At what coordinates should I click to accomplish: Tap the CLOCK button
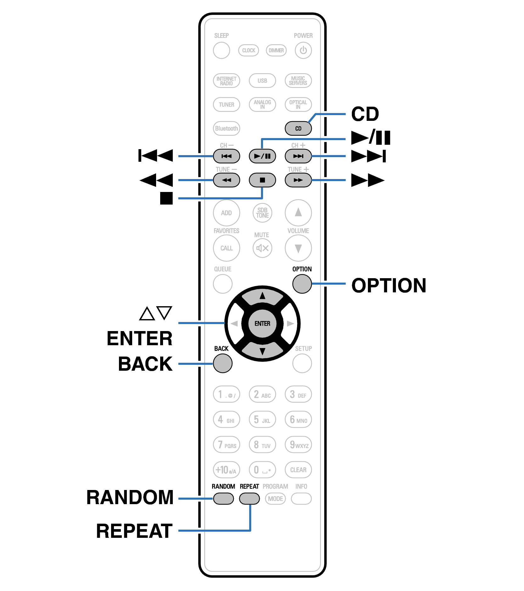(249, 50)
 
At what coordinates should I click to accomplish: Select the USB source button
(262, 81)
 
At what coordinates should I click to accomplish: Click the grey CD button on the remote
(298, 128)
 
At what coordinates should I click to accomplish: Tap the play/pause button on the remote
(262, 156)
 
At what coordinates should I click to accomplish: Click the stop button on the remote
(262, 180)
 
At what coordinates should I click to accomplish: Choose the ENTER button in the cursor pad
(262, 324)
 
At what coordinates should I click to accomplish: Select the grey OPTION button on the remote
(302, 284)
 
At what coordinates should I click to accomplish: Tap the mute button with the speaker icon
(262, 248)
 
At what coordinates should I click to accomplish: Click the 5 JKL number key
(262, 419)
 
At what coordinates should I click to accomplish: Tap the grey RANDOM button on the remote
(223, 498)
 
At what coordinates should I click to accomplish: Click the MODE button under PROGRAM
(275, 498)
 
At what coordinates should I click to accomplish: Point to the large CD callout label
(365, 114)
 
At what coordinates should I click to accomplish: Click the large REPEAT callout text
(134, 531)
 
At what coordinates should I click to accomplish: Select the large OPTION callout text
(389, 285)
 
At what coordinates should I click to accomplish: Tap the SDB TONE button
(262, 213)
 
